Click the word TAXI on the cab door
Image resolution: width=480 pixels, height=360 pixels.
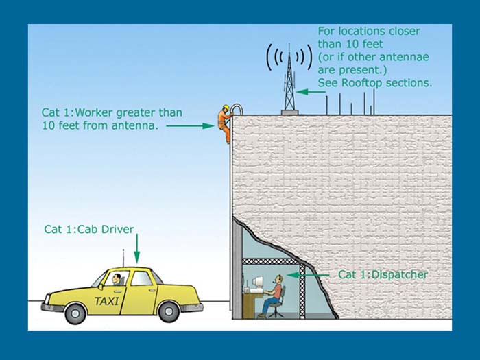(x=107, y=301)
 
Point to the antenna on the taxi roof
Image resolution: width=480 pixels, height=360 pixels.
(x=123, y=257)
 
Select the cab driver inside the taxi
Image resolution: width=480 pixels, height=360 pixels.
(x=117, y=279)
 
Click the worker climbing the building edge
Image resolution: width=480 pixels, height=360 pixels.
(x=224, y=123)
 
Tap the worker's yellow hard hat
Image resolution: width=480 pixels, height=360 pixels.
(x=225, y=108)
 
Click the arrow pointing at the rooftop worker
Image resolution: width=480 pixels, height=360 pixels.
(x=190, y=126)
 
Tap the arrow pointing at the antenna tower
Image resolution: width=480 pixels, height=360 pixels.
(x=312, y=92)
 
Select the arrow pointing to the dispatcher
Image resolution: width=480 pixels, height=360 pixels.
(x=309, y=275)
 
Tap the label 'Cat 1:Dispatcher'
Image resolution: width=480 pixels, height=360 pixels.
(x=383, y=275)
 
